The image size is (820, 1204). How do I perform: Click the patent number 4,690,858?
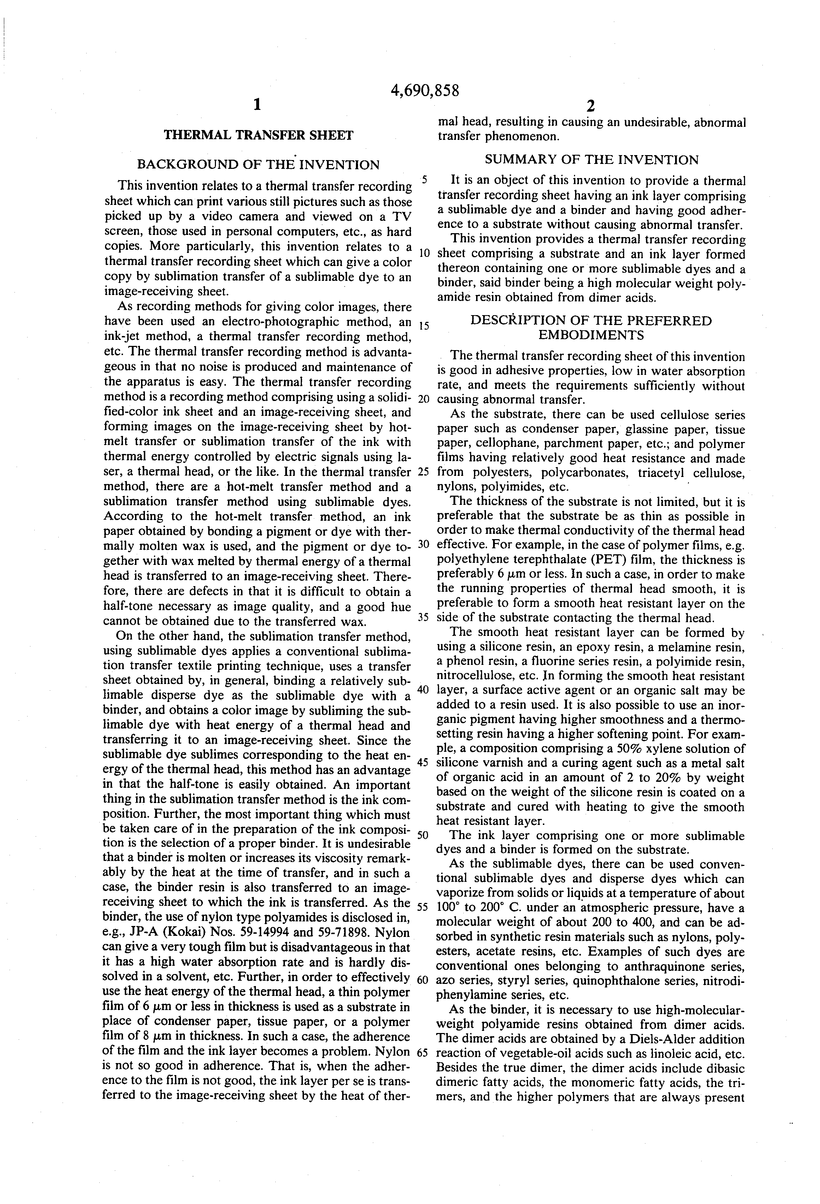[425, 91]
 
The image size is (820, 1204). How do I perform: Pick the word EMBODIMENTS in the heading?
[591, 335]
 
